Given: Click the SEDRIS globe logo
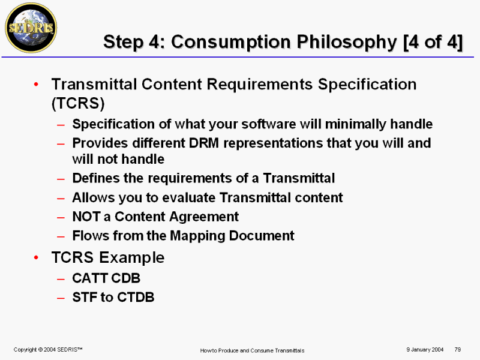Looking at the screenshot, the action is (x=31, y=28).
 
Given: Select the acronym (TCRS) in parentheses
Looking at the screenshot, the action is (x=78, y=103).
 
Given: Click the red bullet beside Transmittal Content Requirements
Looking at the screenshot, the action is (x=37, y=84).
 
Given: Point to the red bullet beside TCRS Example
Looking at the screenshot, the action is (x=37, y=257).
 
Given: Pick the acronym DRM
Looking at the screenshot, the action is (x=204, y=143).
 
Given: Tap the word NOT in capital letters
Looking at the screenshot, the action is (x=86, y=217).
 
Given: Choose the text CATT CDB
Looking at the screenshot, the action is (x=106, y=278).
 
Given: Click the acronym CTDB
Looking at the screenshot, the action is (x=136, y=297).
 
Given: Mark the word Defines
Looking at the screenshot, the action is (x=96, y=178).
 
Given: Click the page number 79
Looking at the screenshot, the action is (x=458, y=349).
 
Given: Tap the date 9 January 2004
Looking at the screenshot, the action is (x=425, y=350).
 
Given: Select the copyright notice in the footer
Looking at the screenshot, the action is (x=48, y=350).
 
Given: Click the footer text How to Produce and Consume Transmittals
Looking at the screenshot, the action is (x=252, y=350).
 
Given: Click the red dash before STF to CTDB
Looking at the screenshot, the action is (x=61, y=298).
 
